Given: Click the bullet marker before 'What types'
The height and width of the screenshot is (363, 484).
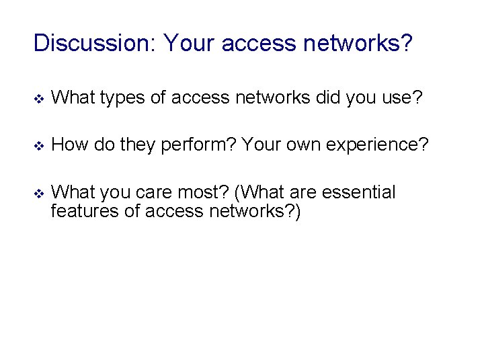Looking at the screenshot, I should (x=38, y=100).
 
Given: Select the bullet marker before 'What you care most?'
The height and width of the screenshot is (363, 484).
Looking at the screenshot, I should (x=38, y=194).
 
